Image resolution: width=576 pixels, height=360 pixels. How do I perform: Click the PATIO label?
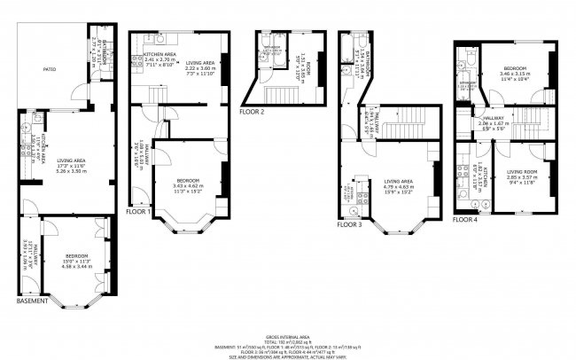point(40,68)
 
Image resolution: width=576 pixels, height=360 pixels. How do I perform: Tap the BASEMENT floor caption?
point(33,301)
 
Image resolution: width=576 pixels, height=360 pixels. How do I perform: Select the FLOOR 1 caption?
point(138,212)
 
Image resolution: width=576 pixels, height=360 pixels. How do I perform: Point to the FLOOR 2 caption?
point(253,113)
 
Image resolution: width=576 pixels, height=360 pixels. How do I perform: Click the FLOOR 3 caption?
point(351,224)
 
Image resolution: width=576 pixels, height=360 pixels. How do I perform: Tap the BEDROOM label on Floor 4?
point(516,69)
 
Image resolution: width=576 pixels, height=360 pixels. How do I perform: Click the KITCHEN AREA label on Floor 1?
point(160,55)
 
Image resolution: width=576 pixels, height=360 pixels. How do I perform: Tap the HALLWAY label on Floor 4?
point(493,118)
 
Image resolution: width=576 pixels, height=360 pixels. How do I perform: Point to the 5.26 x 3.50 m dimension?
point(66,171)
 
